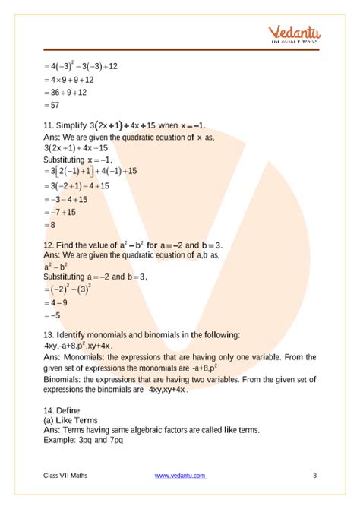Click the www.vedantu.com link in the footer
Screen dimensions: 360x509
click(180, 476)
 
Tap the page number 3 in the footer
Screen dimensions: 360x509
click(314, 476)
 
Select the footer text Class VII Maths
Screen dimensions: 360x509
click(65, 476)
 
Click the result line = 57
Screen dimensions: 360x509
click(53, 106)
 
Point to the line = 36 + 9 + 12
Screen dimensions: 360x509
click(66, 93)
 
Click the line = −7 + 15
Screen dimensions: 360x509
click(62, 212)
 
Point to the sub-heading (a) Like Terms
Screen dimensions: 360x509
click(71, 419)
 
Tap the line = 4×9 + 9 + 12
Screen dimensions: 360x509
click(69, 80)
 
